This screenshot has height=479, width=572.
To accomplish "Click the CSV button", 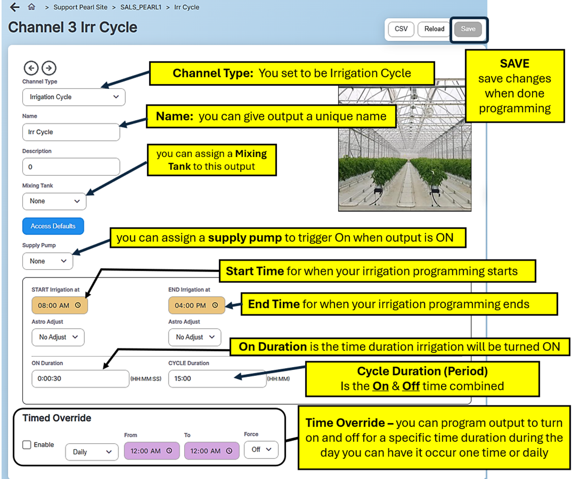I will [401, 29].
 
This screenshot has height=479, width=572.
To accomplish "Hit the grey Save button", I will [468, 29].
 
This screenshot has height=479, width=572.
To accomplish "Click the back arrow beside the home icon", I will [14, 7].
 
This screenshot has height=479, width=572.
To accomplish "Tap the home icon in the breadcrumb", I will [31, 7].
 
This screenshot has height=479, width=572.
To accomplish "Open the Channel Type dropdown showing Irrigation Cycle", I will [74, 97].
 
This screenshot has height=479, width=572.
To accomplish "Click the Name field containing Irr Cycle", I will [71, 132].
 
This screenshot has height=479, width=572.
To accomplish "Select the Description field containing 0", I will [71, 167].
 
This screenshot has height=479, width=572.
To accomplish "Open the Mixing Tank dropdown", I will [54, 201].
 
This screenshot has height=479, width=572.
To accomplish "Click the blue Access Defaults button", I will [53, 226].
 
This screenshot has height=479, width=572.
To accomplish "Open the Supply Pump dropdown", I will [47, 261].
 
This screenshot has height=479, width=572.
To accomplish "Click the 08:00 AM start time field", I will [59, 305].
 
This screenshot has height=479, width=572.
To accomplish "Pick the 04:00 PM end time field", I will [196, 305].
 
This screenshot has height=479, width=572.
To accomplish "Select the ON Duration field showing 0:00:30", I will [80, 379].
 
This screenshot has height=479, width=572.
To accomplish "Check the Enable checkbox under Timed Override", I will [27, 445].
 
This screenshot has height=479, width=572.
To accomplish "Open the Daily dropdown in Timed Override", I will [92, 452].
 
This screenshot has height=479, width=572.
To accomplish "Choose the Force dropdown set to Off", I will [261, 450].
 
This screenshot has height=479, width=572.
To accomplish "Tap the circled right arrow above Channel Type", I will [49, 68].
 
